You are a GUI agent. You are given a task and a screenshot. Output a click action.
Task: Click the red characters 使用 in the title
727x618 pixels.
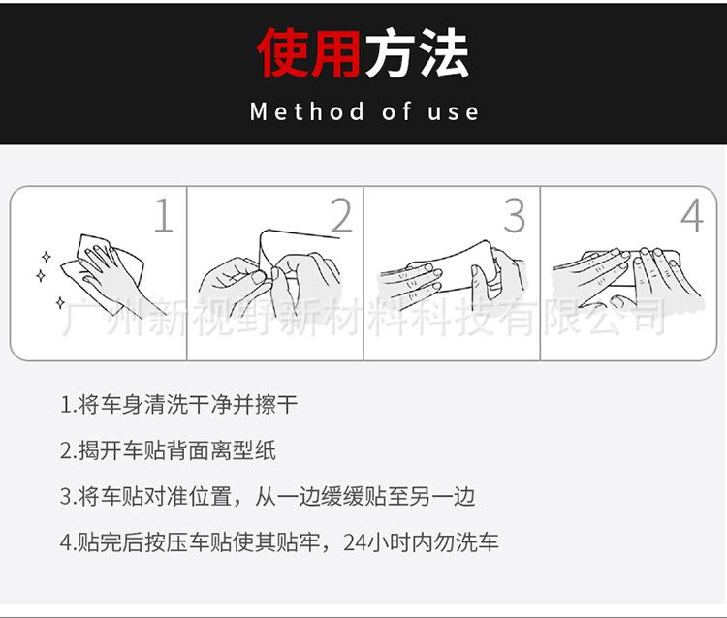coord(309,52)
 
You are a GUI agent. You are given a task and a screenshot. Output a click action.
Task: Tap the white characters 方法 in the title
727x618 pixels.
coord(417,52)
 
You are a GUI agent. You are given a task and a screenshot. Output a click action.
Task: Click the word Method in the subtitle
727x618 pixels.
coord(307,111)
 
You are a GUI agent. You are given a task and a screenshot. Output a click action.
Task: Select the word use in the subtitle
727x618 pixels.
coord(453,112)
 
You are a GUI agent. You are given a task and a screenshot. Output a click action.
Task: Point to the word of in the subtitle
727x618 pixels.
coord(396,111)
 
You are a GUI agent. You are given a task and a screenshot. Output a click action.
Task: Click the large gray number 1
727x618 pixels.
coord(164,215)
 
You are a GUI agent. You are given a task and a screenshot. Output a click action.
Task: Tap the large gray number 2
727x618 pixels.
coord(342,215)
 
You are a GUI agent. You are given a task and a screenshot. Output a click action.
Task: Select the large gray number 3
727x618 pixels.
coord(515,215)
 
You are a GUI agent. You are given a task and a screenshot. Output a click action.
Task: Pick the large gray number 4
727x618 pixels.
coord(692,215)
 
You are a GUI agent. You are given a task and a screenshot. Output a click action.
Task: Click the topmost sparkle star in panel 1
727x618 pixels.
coord(46,257)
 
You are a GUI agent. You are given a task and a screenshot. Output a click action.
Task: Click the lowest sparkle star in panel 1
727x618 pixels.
coord(60,303)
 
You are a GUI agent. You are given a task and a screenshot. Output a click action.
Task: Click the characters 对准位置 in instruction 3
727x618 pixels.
coord(188,497)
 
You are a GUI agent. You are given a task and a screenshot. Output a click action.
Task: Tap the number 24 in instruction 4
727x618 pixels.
coord(355,543)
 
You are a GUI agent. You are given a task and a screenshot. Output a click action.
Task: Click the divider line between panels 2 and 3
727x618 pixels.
coord(363,273)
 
